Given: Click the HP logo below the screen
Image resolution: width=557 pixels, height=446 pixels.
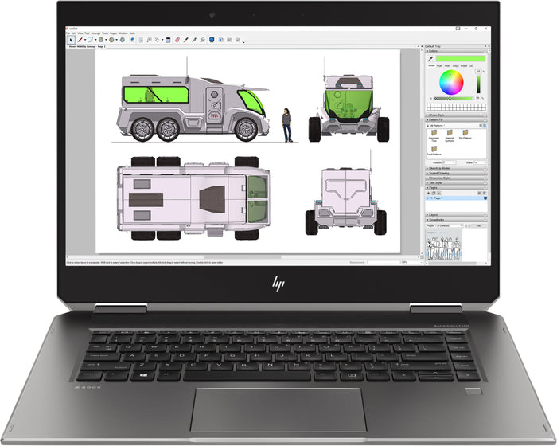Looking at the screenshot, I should coord(278,283).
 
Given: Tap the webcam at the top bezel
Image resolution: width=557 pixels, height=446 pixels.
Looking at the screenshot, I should coord(212,15).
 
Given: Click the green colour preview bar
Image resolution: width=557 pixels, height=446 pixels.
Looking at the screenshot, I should coord(454,58).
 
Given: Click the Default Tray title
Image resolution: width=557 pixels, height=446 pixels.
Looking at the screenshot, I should coord(436,47).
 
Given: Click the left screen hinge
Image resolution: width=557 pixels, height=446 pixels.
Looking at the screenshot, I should coord(119,307).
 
